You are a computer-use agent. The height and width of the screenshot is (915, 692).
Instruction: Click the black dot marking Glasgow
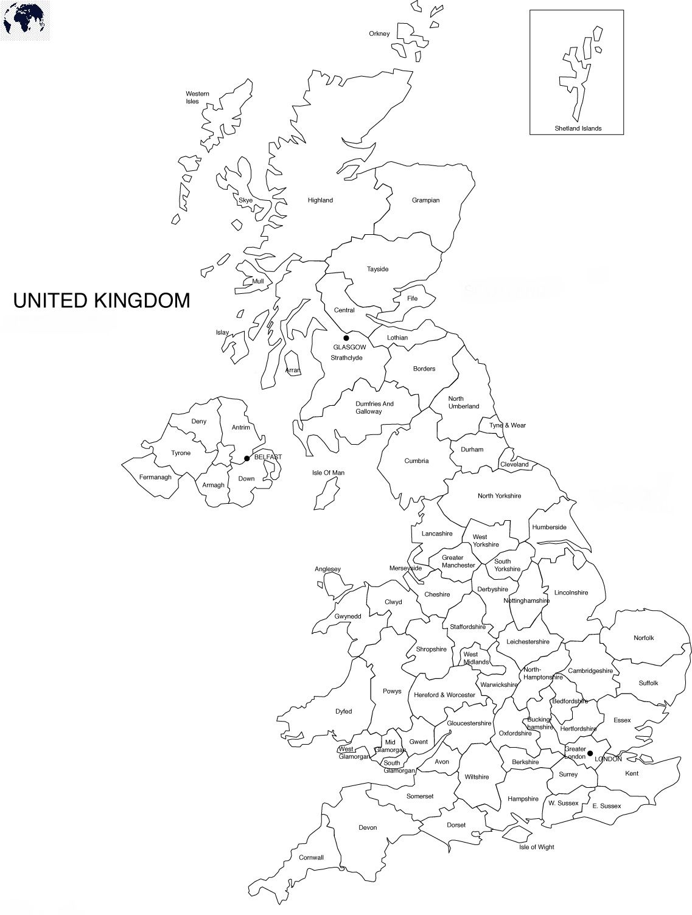point(346,338)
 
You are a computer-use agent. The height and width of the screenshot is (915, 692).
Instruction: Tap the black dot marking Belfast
point(246,458)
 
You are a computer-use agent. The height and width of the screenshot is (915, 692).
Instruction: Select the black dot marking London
point(590,754)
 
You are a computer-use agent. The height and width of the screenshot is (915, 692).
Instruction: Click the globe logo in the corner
point(24,19)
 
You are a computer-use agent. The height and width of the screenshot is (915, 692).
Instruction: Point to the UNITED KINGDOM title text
point(102,301)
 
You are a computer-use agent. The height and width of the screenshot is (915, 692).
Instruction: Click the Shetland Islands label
point(578,128)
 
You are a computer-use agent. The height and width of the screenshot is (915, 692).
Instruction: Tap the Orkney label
point(379,33)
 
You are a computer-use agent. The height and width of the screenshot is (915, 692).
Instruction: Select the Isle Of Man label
point(328,473)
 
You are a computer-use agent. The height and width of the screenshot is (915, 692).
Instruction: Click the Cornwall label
point(311,858)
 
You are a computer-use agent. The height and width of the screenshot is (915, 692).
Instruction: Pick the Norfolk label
point(643,638)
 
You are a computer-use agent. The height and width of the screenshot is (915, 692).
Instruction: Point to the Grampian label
point(425,200)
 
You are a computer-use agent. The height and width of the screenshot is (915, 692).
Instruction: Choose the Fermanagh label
point(155,478)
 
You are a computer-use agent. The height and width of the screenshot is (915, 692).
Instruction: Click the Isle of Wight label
point(536,847)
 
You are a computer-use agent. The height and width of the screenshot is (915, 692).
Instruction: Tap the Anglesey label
point(327,569)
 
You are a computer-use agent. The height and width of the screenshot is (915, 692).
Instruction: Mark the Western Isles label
point(197,97)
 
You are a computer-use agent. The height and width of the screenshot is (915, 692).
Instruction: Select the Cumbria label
point(416,461)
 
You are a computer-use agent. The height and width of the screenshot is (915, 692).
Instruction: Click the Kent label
point(632,773)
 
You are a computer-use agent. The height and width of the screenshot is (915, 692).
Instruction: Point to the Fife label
point(412,299)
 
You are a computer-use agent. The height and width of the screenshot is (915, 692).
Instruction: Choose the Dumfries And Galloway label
point(374,408)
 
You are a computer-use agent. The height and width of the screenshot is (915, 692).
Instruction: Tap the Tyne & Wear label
point(508,425)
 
